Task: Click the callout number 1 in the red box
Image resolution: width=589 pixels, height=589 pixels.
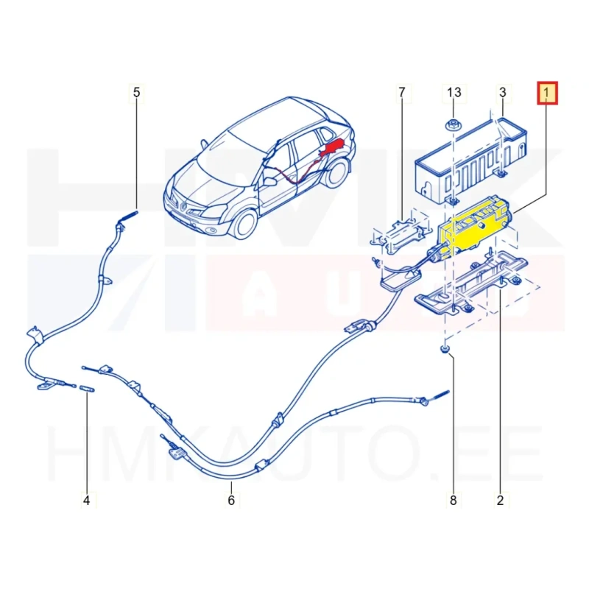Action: [x=547, y=93]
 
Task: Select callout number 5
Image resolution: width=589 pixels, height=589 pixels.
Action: [x=136, y=93]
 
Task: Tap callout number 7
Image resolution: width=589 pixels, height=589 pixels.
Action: [x=402, y=93]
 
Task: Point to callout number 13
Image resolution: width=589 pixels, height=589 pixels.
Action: [x=454, y=93]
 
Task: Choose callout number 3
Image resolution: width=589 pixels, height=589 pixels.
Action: [x=503, y=93]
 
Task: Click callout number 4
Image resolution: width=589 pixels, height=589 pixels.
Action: [x=86, y=501]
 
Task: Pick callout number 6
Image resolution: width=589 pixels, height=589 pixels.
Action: [x=231, y=501]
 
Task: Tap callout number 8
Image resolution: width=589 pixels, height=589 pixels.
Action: [x=454, y=501]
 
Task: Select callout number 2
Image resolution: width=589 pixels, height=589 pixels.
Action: [x=500, y=501]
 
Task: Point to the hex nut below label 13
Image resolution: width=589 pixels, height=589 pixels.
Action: [x=451, y=125]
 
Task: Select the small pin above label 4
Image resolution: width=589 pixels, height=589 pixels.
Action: [x=87, y=389]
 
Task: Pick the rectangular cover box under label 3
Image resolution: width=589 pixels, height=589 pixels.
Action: [x=470, y=161]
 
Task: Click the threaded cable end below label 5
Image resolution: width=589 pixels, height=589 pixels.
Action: [x=127, y=218]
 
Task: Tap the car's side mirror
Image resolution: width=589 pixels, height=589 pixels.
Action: [x=269, y=182]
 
